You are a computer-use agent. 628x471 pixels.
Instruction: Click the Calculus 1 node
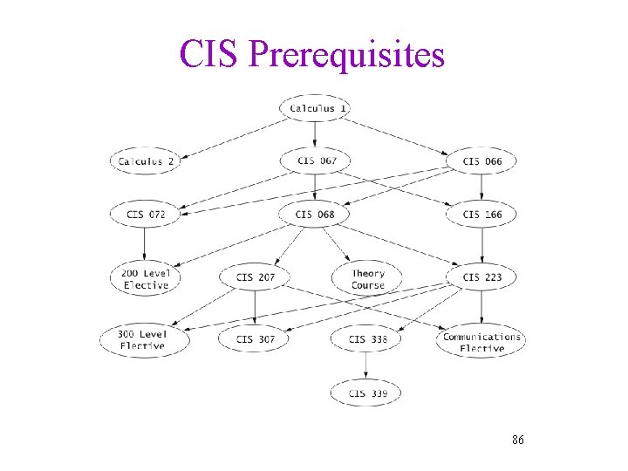(315, 108)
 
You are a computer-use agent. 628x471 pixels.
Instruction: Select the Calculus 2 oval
(146, 161)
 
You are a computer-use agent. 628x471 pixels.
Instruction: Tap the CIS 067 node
(315, 160)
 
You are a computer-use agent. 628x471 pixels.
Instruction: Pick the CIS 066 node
(481, 161)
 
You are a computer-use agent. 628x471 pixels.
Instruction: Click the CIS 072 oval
(146, 215)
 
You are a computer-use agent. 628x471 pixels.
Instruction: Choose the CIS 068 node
(315, 215)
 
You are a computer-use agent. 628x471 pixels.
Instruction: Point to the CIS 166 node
(481, 215)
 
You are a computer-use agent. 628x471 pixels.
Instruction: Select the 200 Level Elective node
(146, 278)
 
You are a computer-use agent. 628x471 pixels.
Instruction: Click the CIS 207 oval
(255, 278)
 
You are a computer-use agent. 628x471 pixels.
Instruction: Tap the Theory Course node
(367, 278)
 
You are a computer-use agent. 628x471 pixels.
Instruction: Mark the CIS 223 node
(481, 278)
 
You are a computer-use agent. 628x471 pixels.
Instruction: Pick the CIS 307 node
(255, 339)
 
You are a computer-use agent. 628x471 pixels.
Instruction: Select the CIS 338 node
(367, 339)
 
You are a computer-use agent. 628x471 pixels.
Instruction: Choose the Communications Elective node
(481, 341)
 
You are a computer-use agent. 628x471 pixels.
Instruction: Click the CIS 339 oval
(367, 393)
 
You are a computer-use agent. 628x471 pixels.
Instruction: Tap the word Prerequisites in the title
(346, 54)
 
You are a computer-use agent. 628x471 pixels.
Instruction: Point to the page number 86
(518, 440)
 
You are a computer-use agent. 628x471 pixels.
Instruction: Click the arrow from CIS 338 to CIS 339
(367, 366)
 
